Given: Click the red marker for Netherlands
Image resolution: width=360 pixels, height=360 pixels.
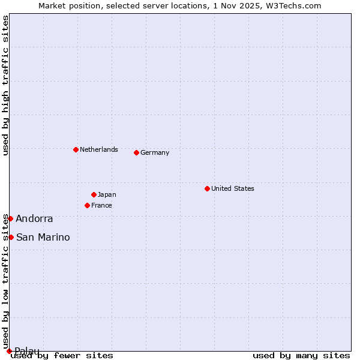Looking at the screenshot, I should pyautogui.click(x=76, y=149).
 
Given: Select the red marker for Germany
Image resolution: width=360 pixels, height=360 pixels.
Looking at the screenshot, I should pyautogui.click(x=136, y=152).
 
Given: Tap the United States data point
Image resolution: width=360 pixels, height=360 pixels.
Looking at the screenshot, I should pyautogui.click(x=207, y=188).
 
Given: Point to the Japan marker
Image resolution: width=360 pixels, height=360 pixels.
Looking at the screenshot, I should pyautogui.click(x=94, y=194).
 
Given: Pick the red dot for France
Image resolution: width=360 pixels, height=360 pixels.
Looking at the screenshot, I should pyautogui.click(x=87, y=205).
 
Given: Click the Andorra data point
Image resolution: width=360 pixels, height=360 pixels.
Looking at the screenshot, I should pyautogui.click(x=10, y=218).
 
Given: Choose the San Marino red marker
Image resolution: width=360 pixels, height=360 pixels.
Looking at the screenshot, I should pyautogui.click(x=11, y=237).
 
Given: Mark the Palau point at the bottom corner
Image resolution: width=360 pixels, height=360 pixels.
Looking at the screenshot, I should pyautogui.click(x=9, y=351).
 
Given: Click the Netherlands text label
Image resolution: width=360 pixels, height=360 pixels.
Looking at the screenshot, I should pyautogui.click(x=99, y=149).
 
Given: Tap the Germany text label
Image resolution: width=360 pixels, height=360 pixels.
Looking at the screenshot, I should pyautogui.click(x=155, y=152).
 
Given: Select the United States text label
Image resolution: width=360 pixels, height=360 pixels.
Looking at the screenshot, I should pyautogui.click(x=233, y=188).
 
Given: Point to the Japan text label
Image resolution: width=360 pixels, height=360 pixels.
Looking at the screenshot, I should pyautogui.click(x=107, y=194).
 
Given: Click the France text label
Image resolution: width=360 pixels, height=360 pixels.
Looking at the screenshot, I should pyautogui.click(x=101, y=205).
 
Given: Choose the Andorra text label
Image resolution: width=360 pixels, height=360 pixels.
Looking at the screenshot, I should pyautogui.click(x=34, y=219).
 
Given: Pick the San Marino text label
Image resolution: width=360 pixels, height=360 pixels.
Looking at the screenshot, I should pyautogui.click(x=43, y=238).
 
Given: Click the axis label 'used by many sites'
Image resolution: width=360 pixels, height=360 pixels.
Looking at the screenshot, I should pyautogui.click(x=301, y=356).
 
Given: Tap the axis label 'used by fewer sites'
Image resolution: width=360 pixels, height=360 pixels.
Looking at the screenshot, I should pyautogui.click(x=62, y=356).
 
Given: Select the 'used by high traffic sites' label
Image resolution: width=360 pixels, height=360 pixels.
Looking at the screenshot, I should pyautogui.click(x=5, y=85).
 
